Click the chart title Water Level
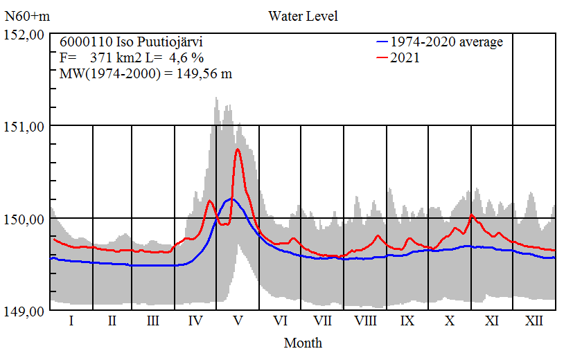coord(303,16)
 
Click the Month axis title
coord(303,343)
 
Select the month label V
coord(238,321)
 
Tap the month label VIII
coord(365,321)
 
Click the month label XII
coord(533,321)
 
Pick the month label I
coord(71,321)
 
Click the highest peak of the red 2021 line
coord(238,149)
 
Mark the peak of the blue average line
coord(232,199)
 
